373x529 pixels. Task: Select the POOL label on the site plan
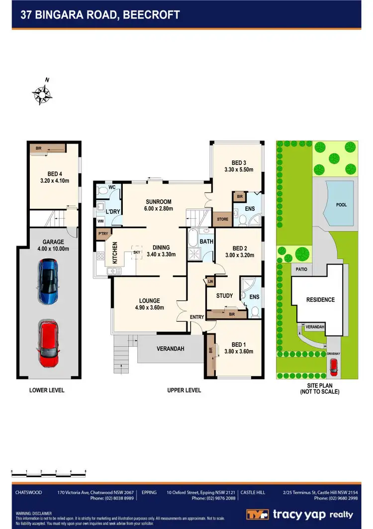pos(341,205)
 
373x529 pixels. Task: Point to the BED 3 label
pos(239,163)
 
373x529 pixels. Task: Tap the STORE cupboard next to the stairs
pos(222,218)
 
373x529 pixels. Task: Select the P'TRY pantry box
pos(103,233)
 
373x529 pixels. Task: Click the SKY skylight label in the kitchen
pos(136,253)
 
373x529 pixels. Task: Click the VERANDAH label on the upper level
pos(171,349)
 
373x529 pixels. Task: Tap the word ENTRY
pos(197,317)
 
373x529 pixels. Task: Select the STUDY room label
pos(224,295)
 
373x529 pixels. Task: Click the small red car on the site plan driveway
pos(333,368)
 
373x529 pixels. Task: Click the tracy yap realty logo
pos(300,514)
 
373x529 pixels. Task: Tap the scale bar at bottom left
pos(49,471)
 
